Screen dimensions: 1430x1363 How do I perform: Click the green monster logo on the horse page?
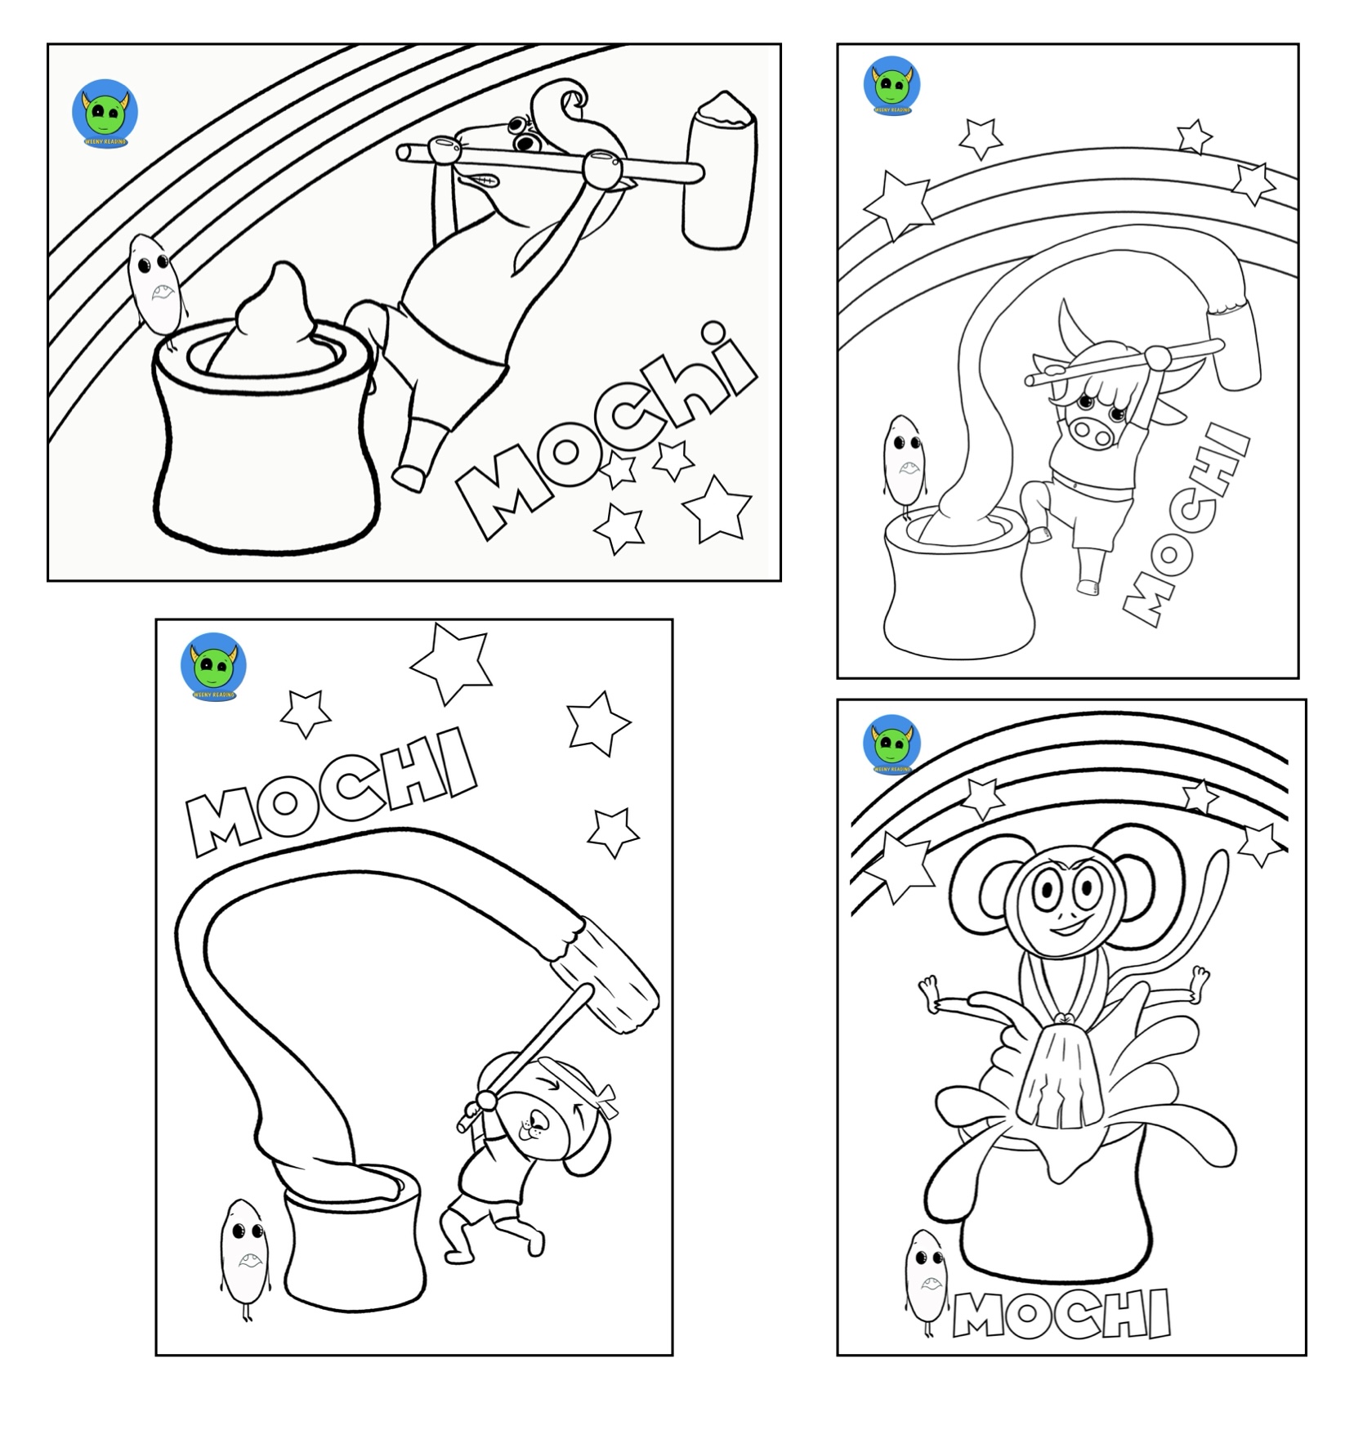[x=105, y=113]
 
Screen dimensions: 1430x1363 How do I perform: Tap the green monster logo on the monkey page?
[x=892, y=744]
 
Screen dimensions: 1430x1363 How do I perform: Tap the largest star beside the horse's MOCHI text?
[x=718, y=508]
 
